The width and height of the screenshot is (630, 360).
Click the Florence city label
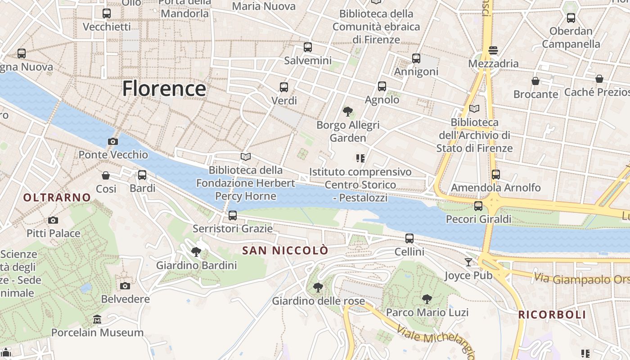[164, 89]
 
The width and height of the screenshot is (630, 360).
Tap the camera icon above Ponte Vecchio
[113, 141]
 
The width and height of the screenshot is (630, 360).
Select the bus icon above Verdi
[283, 87]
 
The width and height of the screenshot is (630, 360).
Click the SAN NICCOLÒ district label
[285, 251]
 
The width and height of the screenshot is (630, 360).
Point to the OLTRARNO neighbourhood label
[57, 197]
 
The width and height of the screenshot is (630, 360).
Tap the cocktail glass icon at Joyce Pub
[468, 262]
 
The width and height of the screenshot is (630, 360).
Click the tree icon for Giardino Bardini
[196, 252]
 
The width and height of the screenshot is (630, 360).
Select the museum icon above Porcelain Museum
[97, 319]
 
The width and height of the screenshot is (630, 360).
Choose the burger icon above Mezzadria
[493, 50]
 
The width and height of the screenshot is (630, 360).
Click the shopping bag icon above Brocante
[535, 81]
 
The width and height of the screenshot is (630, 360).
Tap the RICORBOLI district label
[552, 315]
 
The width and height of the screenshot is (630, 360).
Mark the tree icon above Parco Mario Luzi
[427, 299]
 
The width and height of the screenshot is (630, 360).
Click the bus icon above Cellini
[409, 238]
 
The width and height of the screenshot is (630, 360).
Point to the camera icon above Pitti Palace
[53, 220]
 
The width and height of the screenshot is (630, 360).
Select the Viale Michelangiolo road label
[434, 341]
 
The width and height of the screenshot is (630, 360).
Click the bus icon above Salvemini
[308, 47]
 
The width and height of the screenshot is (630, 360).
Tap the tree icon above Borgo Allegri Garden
[347, 111]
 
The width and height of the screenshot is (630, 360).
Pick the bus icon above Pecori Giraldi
[478, 206]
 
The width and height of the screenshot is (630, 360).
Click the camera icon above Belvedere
[125, 286]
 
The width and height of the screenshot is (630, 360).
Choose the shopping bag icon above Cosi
[106, 175]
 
